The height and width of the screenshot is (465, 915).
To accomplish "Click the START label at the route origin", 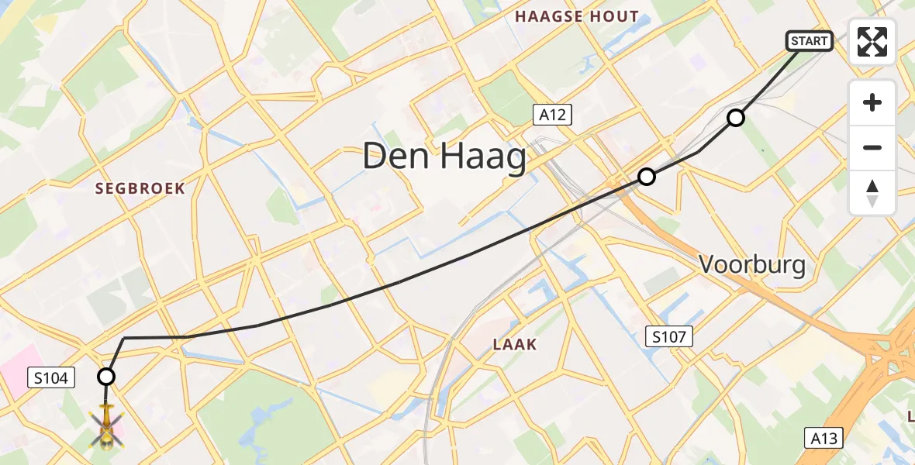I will click(x=810, y=41).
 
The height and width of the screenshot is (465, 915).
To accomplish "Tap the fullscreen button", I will click(x=872, y=42).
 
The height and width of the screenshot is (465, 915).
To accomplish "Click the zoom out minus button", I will click(x=872, y=147).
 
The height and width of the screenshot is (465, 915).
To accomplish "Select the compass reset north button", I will click(x=872, y=192).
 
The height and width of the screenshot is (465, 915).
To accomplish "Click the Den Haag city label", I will click(x=444, y=157).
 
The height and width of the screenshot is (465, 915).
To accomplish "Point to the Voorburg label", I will click(x=752, y=265).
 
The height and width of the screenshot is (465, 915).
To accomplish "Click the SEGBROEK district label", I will click(x=140, y=188).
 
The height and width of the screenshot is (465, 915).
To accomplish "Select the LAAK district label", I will click(x=515, y=344).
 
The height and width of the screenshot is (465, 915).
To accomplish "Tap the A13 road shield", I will click(x=823, y=439).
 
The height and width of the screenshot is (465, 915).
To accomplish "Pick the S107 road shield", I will click(x=669, y=336).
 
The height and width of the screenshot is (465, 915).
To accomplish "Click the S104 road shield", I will click(x=53, y=378).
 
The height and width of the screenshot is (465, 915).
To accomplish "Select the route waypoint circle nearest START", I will click(x=735, y=118).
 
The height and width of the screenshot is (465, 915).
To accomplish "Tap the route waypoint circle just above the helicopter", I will click(x=106, y=377).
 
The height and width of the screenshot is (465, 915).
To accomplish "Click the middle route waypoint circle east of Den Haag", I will click(x=646, y=177).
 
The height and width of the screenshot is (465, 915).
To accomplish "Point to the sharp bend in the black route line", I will click(x=124, y=338).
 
